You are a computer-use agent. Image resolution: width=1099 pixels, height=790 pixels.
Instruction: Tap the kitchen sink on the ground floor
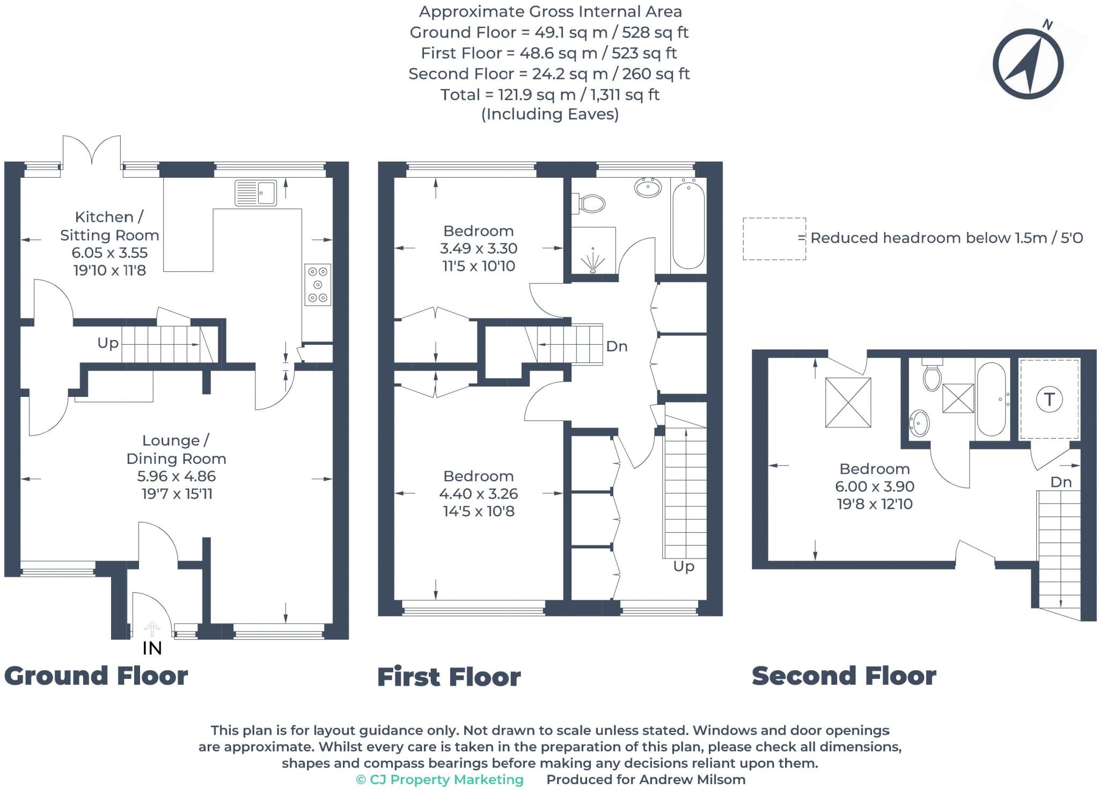(x=256, y=192)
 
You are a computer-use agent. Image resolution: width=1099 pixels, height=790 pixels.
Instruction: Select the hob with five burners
(x=317, y=285)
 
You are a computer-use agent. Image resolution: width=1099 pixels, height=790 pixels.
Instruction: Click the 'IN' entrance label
(x=152, y=648)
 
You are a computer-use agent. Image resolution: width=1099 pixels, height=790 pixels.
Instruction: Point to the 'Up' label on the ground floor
(x=108, y=343)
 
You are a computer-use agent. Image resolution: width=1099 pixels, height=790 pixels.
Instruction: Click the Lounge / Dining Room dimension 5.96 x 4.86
(x=177, y=476)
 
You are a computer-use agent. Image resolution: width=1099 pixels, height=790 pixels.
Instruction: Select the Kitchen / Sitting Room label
(x=109, y=226)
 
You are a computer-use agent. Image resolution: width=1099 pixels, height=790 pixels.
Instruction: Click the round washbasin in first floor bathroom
(x=648, y=188)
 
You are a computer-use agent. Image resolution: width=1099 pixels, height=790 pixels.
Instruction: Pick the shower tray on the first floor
(x=593, y=251)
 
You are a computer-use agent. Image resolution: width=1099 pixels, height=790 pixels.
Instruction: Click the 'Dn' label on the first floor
(x=617, y=346)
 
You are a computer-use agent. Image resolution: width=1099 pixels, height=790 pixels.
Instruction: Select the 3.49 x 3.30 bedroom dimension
(x=478, y=249)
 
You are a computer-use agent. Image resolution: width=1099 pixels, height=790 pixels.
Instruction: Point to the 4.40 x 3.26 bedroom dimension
(x=478, y=494)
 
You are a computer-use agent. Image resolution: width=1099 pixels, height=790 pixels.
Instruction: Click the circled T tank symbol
(x=1049, y=400)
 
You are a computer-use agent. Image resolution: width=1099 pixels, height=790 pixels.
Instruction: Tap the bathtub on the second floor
(x=992, y=400)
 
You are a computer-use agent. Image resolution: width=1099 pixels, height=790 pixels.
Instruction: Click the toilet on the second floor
(x=932, y=376)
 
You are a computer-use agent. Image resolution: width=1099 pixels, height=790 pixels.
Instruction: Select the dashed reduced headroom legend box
(x=774, y=238)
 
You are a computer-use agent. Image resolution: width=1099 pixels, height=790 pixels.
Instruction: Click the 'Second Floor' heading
(x=844, y=676)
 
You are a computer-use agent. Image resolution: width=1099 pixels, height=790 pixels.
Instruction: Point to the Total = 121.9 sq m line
(x=549, y=95)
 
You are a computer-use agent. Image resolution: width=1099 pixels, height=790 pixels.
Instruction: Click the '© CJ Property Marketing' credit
(x=439, y=779)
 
